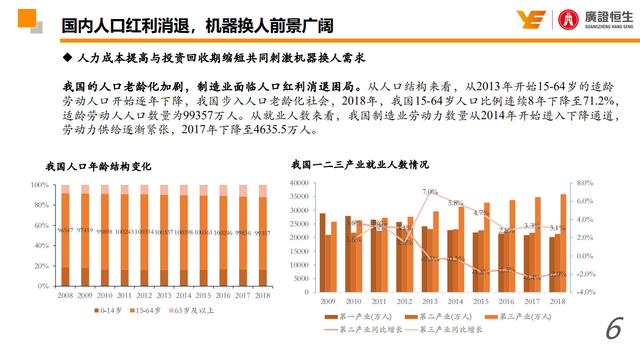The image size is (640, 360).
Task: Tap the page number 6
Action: click(x=613, y=329)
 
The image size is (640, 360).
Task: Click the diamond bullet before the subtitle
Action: click(x=68, y=58)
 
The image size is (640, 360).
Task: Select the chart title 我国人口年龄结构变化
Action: click(x=98, y=166)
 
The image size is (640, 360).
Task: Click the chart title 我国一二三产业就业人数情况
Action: click(x=360, y=164)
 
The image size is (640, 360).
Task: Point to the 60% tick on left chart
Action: click(x=41, y=225)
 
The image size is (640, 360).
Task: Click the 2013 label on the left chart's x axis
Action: click(x=164, y=295)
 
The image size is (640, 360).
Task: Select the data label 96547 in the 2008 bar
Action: click(x=66, y=231)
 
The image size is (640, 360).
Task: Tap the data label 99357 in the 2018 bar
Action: click(x=263, y=233)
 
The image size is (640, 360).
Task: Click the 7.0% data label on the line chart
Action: click(x=430, y=192)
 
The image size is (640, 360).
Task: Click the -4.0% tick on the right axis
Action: click(x=585, y=292)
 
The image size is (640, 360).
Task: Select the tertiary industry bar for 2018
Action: click(x=563, y=243)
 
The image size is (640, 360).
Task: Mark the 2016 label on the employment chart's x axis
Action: click(x=506, y=301)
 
